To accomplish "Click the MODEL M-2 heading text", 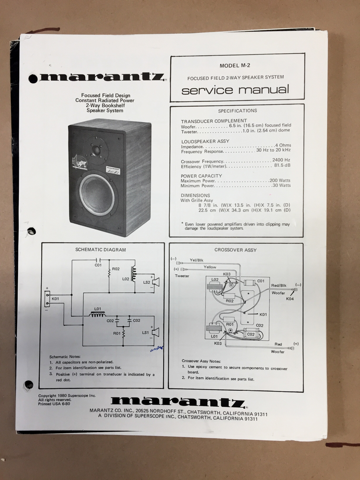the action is tap(235, 65).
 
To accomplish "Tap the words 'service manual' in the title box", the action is tap(235, 90).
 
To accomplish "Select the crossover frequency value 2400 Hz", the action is tap(281, 160).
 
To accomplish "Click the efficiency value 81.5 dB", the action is tap(282, 165).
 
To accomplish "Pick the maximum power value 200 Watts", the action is tap(280, 180).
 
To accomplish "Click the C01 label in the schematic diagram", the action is tap(98, 265).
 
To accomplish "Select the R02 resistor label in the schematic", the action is tap(116, 269).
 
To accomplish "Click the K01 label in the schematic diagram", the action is tap(55, 299).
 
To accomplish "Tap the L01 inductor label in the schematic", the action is tap(98, 309).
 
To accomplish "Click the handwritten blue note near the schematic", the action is tap(157, 349).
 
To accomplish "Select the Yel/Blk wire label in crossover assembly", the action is tap(196, 260).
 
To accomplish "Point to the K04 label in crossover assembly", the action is tap(290, 299).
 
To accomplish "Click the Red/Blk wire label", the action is tap(279, 285).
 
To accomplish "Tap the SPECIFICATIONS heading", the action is tap(237, 111).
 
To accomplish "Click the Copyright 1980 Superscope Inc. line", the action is tap(67, 396).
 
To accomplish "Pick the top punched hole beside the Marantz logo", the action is tap(33, 78).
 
